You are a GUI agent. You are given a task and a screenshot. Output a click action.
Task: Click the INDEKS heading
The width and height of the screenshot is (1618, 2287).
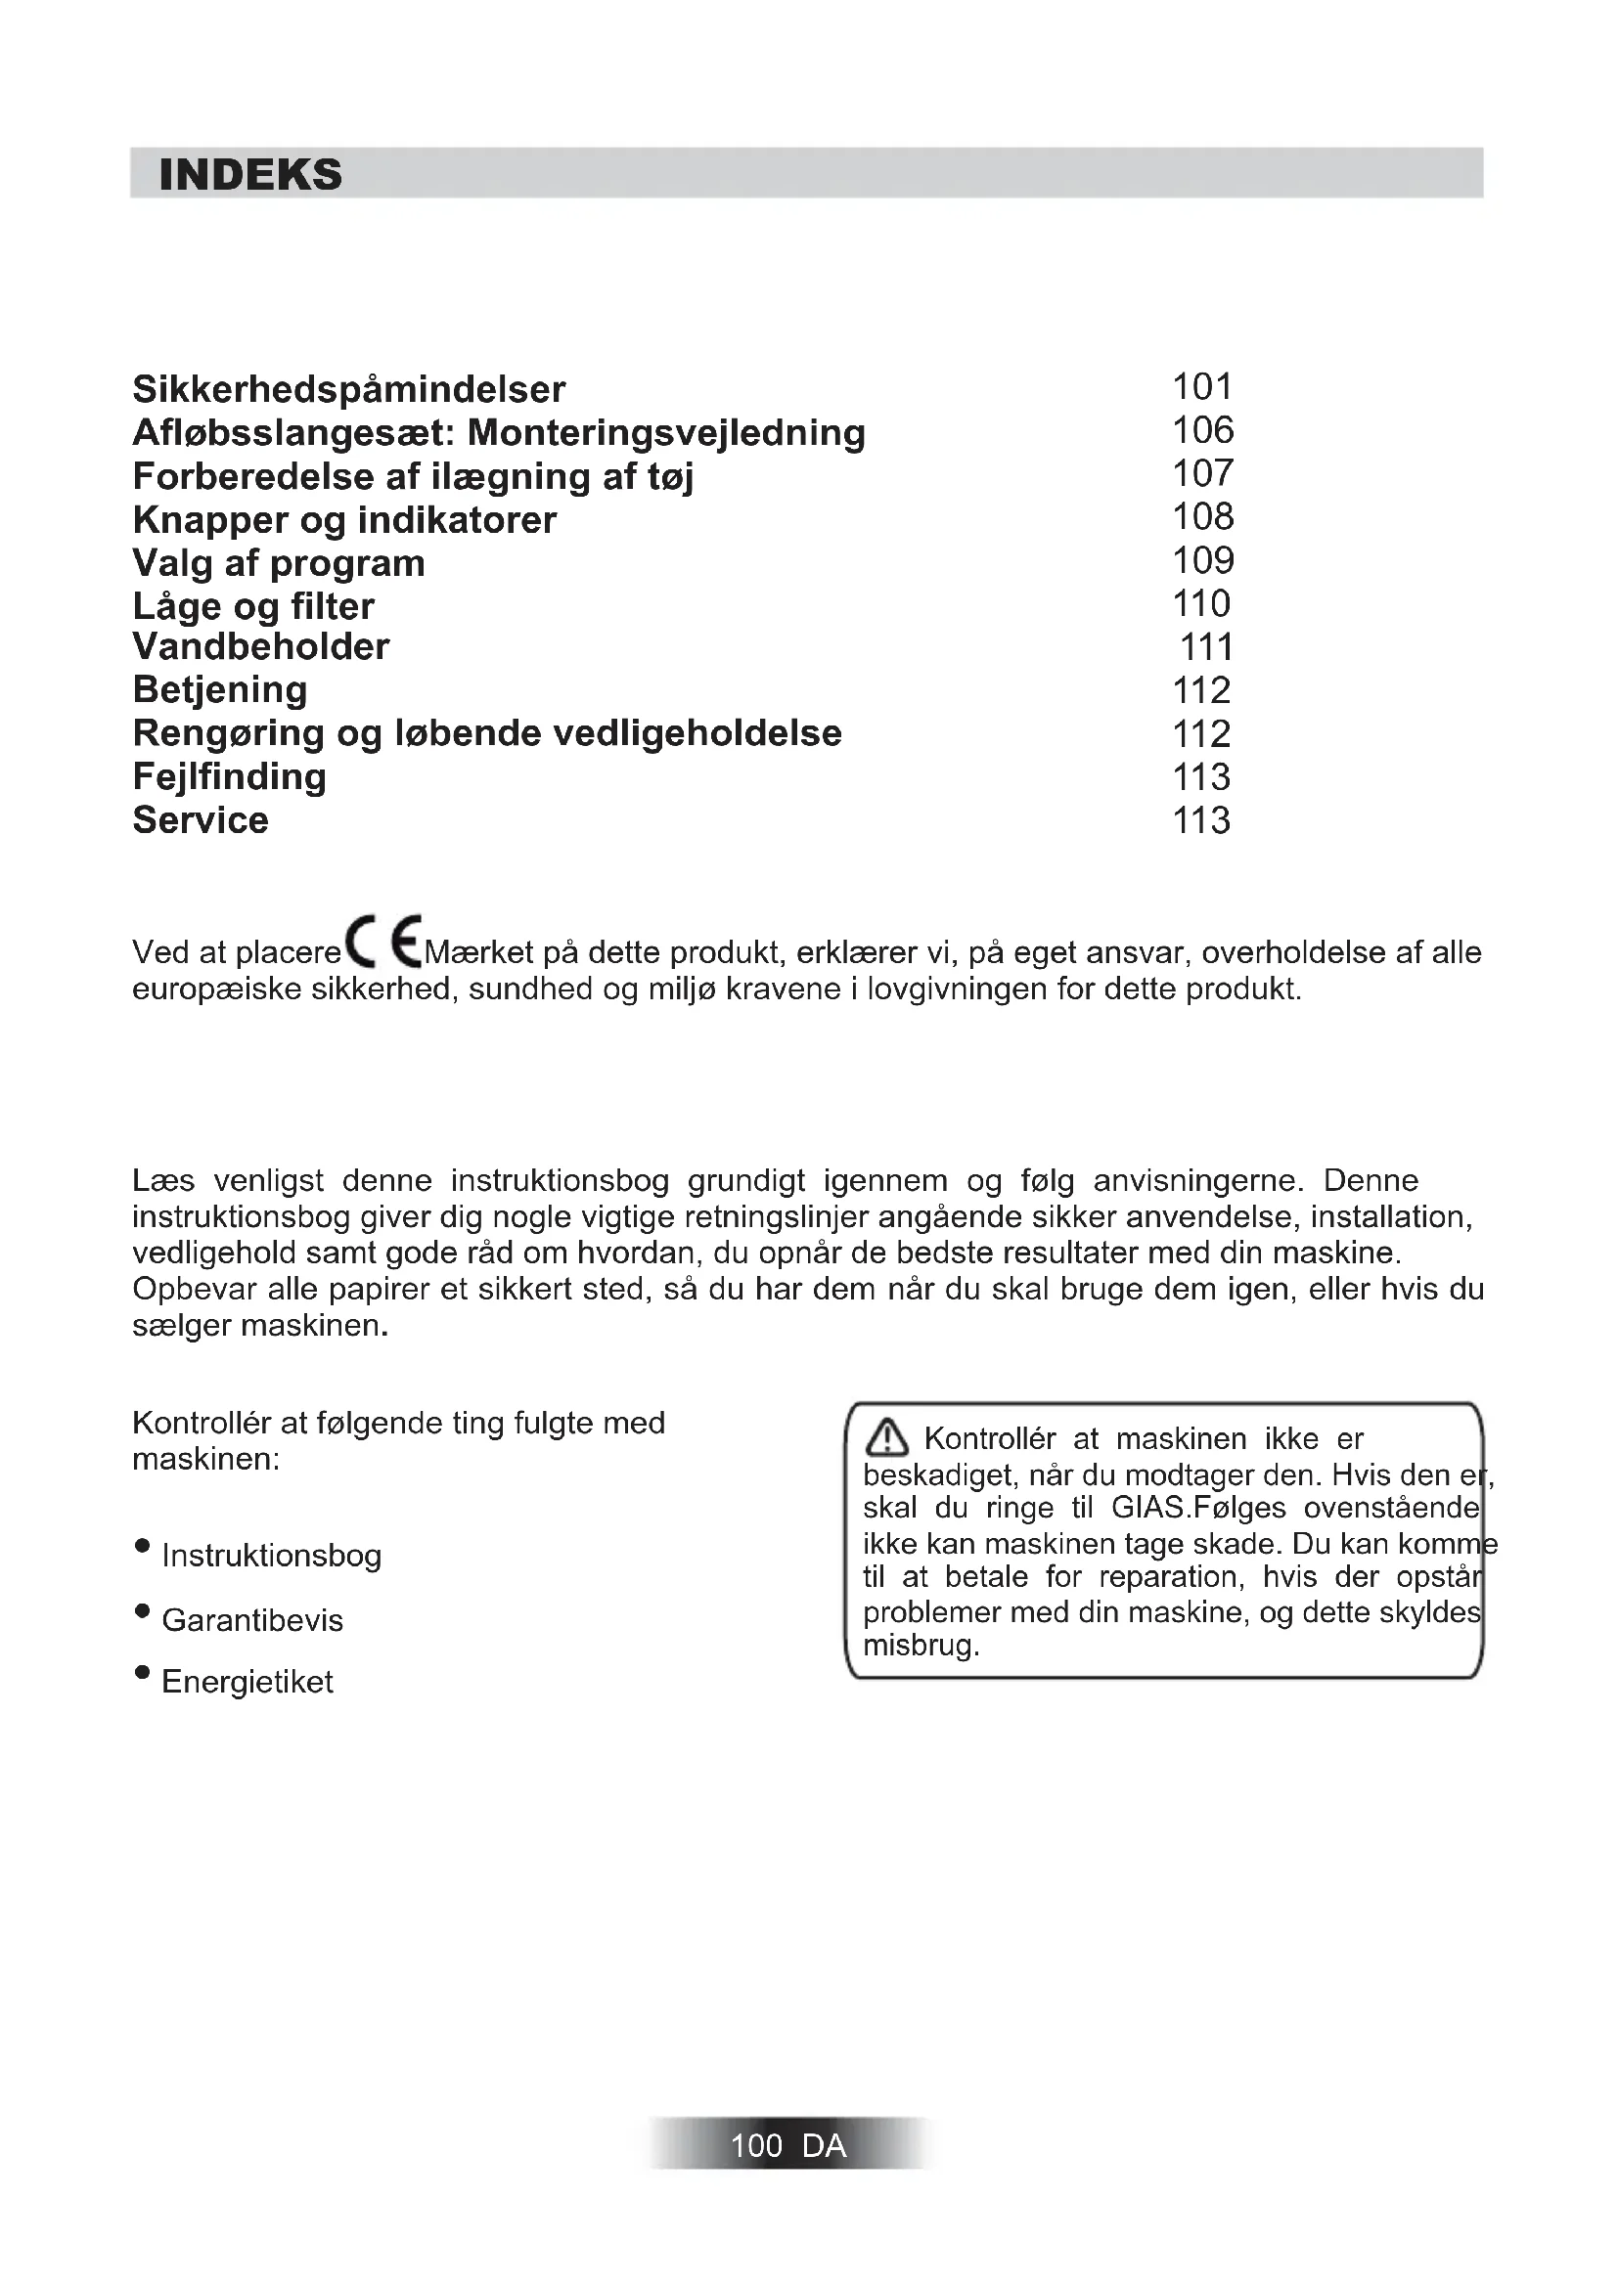(x=250, y=175)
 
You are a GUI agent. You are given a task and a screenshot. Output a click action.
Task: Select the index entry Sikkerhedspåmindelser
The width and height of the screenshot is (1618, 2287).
(x=348, y=389)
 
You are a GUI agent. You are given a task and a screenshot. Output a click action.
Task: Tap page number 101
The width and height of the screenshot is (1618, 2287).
(x=1202, y=386)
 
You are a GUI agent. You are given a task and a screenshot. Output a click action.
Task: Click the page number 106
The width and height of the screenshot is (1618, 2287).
(x=1202, y=430)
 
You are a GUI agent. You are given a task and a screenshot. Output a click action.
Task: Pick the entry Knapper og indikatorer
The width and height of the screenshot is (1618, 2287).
(x=344, y=520)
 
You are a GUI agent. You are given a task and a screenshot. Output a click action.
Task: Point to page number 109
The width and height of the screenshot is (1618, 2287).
(x=1202, y=561)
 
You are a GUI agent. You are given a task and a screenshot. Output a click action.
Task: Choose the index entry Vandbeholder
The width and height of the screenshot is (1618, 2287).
(x=261, y=647)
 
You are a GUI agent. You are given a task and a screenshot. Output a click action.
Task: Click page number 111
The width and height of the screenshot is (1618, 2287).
(x=1206, y=647)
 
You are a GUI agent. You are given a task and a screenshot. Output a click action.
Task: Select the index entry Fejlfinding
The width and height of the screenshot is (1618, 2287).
(x=229, y=777)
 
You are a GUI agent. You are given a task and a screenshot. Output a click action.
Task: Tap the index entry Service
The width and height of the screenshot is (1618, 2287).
(x=201, y=820)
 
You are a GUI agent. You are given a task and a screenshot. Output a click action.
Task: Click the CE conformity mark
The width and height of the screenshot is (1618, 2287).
(x=382, y=942)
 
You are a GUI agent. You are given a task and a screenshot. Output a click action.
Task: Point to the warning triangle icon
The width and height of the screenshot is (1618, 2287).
(x=885, y=1438)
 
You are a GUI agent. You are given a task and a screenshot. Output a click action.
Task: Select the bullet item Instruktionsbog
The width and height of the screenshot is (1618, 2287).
(x=271, y=1556)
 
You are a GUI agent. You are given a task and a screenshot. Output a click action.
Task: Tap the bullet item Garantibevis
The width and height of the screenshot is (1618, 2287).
(x=252, y=1620)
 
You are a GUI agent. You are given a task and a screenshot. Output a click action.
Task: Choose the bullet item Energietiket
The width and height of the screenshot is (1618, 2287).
(x=247, y=1683)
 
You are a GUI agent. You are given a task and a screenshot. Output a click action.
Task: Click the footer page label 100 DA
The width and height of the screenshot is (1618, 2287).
(x=788, y=2144)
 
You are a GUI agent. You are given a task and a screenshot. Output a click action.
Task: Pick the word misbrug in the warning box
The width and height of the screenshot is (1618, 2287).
(x=921, y=1646)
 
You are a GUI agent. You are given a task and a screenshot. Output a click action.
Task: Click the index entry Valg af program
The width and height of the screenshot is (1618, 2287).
(x=279, y=564)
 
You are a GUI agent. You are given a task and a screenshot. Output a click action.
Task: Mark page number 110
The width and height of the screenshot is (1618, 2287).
(x=1201, y=603)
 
